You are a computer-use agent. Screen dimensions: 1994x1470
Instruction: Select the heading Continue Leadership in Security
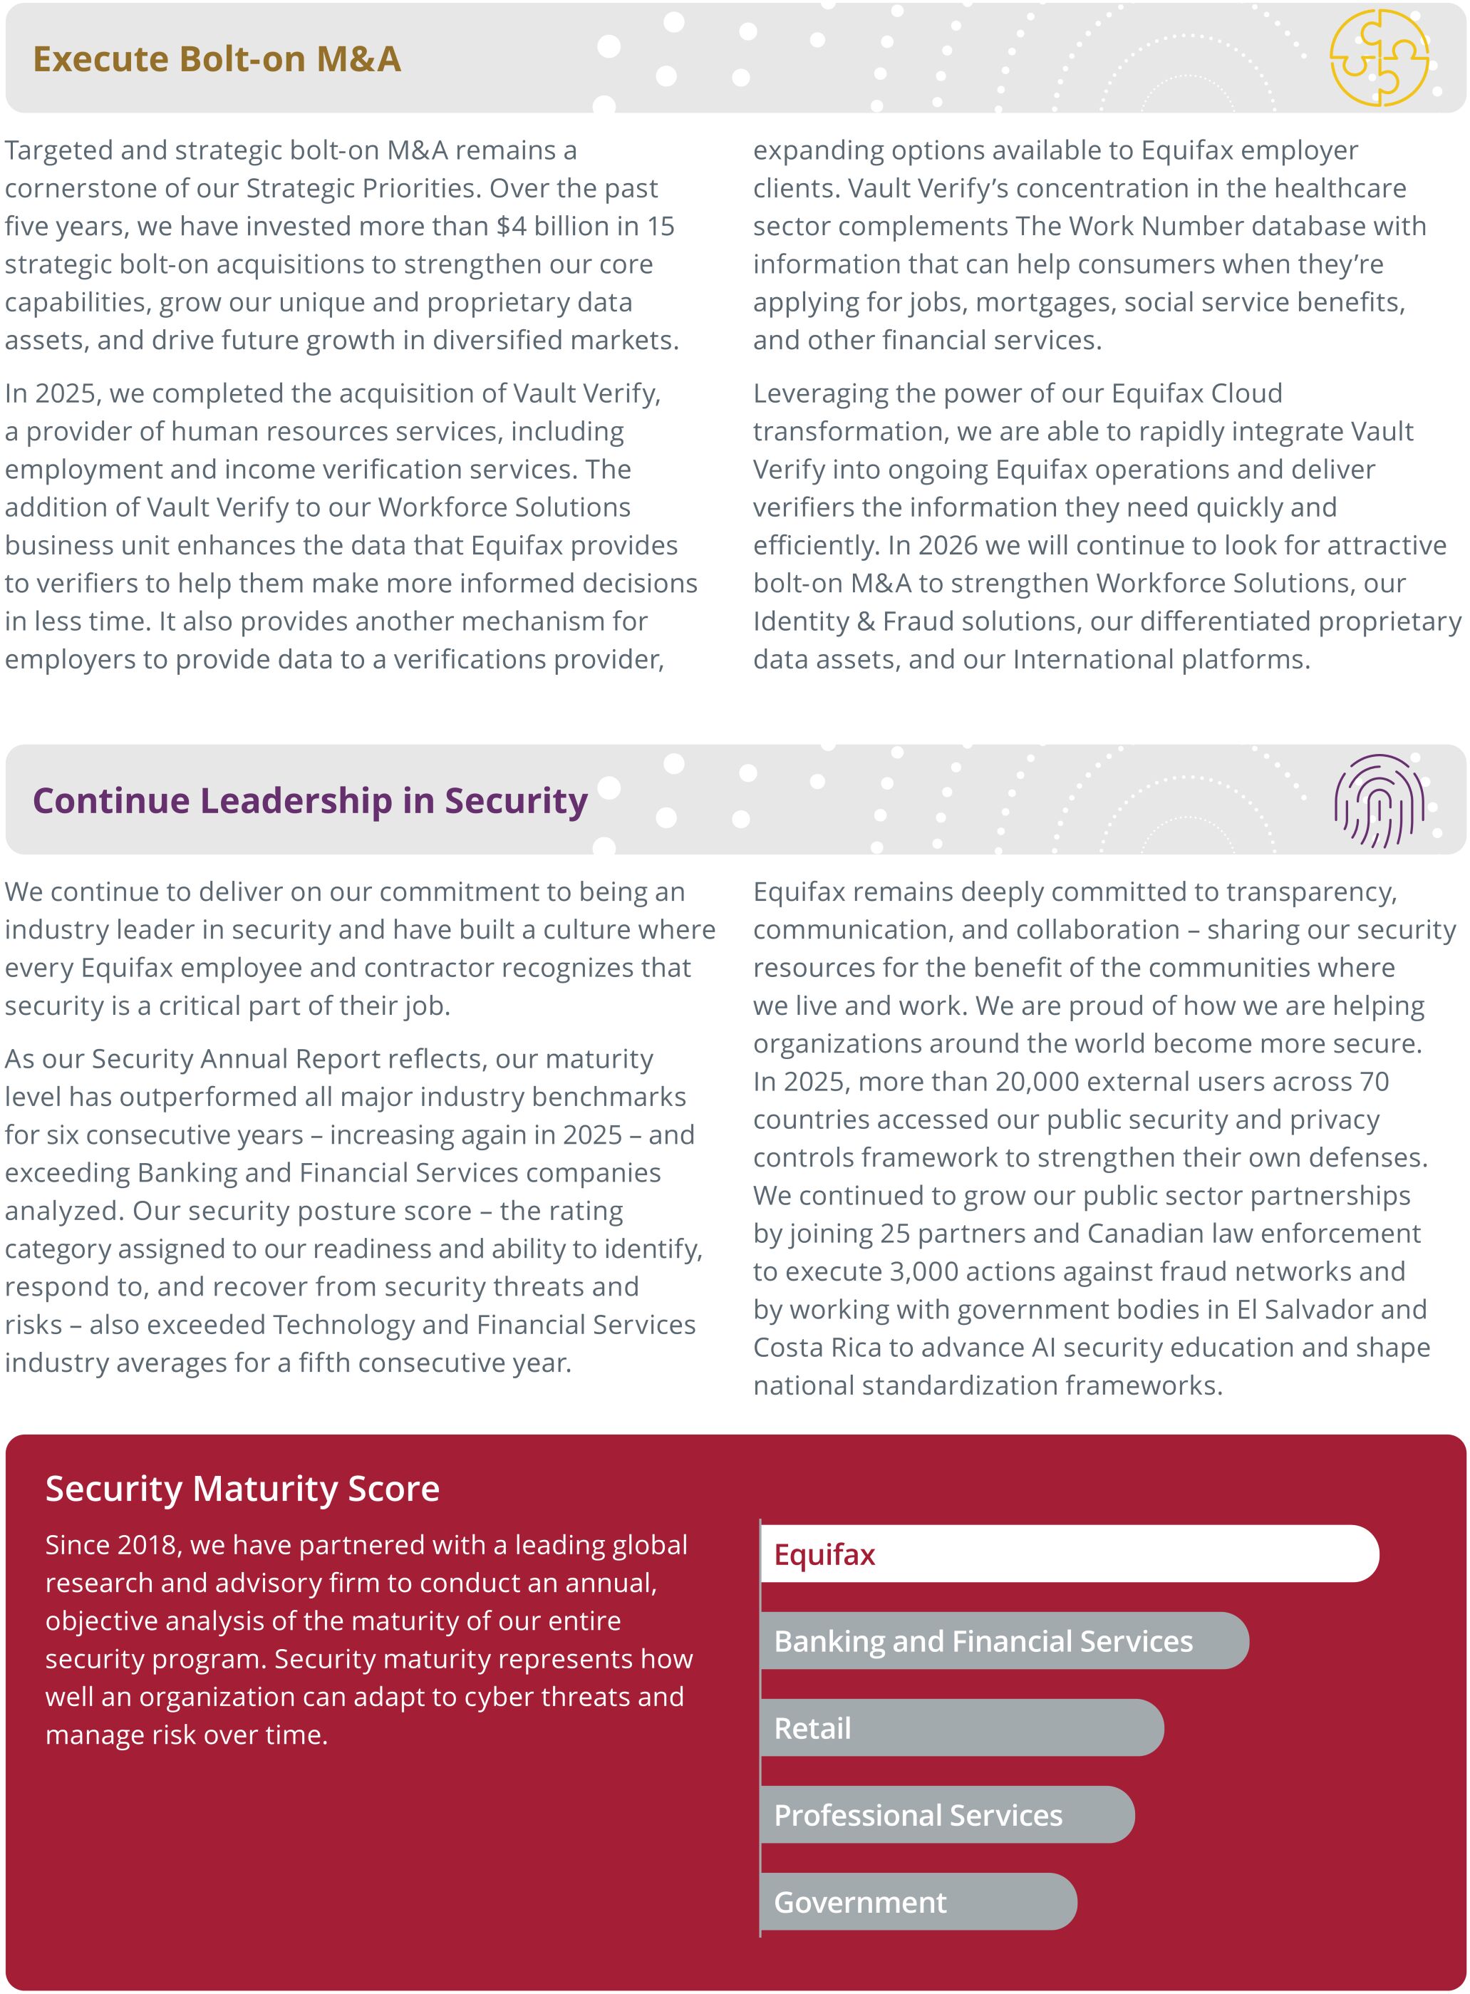point(310,800)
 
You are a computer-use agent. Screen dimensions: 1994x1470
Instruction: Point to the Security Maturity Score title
point(242,1489)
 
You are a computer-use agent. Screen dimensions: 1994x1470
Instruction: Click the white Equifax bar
point(1069,1554)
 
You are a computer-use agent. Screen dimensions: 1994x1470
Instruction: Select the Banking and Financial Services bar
point(1004,1641)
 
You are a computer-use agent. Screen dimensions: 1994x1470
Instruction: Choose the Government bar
point(918,1901)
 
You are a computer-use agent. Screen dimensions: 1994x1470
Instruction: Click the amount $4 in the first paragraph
point(511,226)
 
